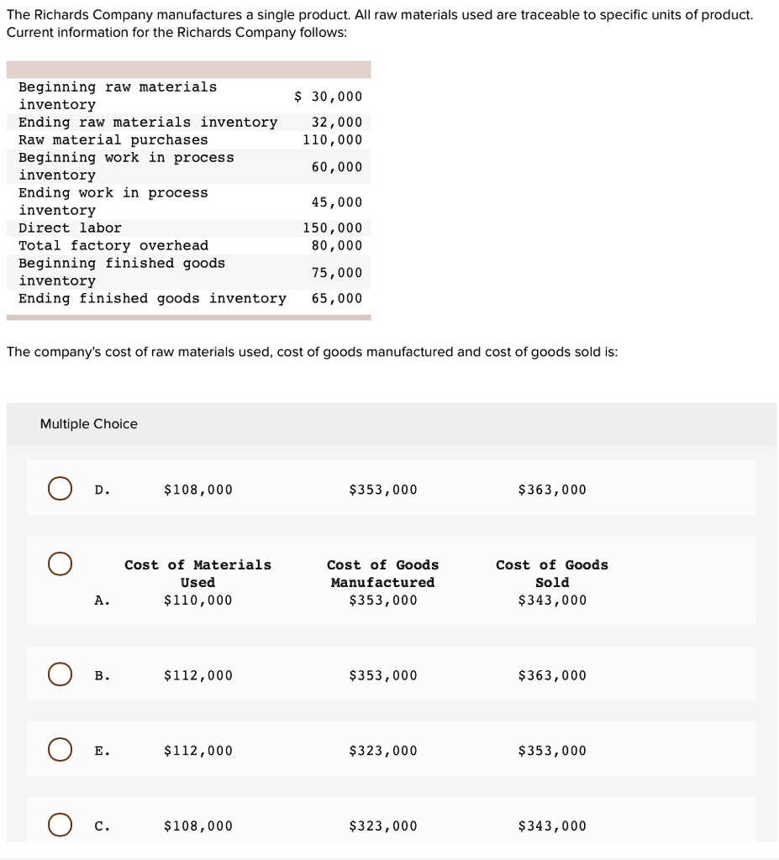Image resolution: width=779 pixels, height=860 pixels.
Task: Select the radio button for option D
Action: [60, 489]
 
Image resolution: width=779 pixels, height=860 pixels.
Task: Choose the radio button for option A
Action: [60, 564]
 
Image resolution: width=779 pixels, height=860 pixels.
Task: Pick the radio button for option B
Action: [60, 674]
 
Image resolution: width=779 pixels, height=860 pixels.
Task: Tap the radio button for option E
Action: [60, 749]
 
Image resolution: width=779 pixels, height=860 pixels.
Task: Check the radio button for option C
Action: [60, 825]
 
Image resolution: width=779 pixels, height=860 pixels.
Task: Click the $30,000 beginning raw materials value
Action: [329, 96]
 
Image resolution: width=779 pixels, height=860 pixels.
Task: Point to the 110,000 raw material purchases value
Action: [333, 139]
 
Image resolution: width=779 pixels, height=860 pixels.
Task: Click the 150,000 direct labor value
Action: [333, 228]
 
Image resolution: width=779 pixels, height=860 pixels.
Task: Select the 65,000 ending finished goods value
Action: [337, 298]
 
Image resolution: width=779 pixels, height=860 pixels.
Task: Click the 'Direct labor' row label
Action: [70, 228]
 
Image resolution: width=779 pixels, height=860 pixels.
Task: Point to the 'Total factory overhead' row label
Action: [113, 245]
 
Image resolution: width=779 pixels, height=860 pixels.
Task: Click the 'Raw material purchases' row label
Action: [113, 139]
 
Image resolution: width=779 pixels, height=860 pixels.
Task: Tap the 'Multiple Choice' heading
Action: [89, 424]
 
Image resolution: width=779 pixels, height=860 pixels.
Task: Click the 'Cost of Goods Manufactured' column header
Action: [382, 574]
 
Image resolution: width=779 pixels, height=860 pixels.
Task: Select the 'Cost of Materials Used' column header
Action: [198, 574]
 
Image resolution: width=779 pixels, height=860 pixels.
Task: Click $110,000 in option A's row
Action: [198, 600]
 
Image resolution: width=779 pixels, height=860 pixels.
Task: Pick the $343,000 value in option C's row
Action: [552, 826]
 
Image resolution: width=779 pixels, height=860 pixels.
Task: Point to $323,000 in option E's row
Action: [382, 750]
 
